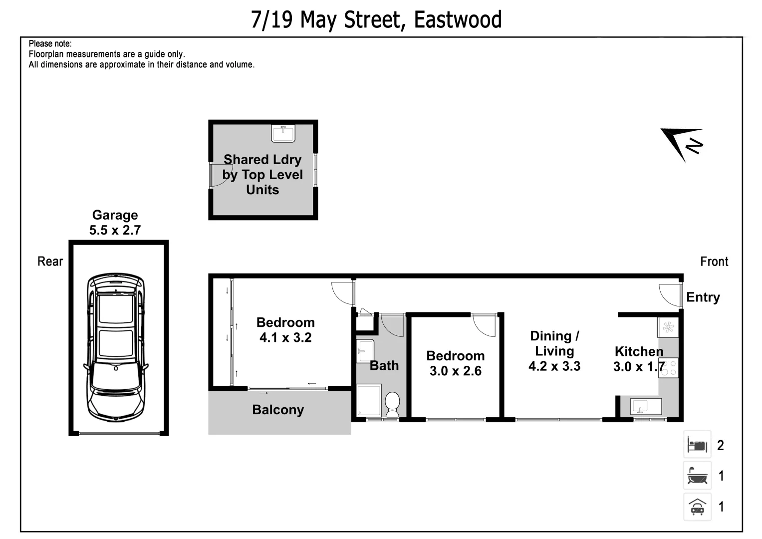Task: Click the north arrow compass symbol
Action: click(682, 144)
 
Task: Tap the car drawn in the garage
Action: click(115, 347)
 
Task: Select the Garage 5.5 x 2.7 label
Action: click(115, 223)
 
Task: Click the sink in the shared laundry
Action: click(283, 134)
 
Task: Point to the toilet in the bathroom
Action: click(392, 403)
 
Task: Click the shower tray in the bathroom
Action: click(369, 400)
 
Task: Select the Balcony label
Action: click(278, 410)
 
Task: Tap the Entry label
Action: click(703, 297)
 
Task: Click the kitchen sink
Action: click(646, 406)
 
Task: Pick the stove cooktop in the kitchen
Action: click(668, 368)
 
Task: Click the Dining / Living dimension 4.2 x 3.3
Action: click(554, 366)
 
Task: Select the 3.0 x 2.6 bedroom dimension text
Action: click(455, 371)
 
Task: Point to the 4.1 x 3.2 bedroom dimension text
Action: click(285, 338)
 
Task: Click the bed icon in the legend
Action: click(697, 445)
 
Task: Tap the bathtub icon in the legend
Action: click(697, 476)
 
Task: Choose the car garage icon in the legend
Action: click(697, 507)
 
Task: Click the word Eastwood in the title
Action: click(458, 20)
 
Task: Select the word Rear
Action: click(50, 262)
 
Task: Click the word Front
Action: click(714, 262)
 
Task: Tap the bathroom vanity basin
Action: click(365, 351)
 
